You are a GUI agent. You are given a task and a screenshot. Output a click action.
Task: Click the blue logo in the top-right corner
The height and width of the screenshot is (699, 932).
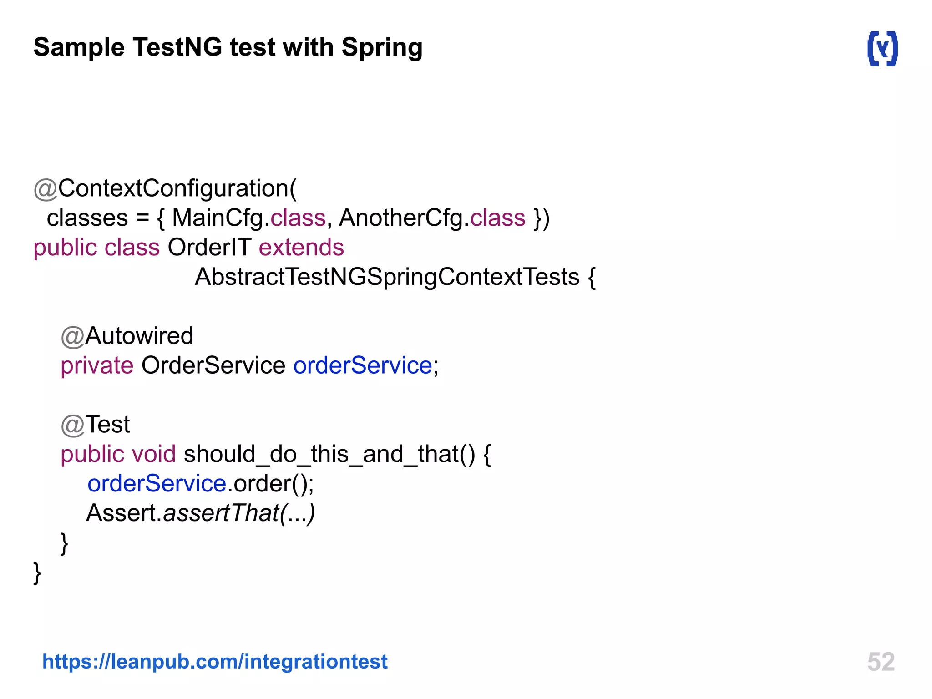point(882,48)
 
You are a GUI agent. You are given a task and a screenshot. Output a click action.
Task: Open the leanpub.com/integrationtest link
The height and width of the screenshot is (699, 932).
point(215,661)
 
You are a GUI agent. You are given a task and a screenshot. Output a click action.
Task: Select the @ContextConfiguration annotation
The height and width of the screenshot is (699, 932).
point(165,188)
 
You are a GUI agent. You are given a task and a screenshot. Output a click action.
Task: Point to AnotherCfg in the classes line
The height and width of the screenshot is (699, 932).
point(401,218)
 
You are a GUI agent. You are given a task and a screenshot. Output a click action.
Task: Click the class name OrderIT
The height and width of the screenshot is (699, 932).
point(209,248)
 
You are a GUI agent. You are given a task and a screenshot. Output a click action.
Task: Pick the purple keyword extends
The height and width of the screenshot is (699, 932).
point(301,248)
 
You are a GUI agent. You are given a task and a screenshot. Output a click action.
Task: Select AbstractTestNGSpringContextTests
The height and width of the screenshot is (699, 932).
point(387,277)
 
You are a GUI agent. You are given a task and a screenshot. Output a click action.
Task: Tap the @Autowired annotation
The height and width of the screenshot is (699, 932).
point(127,336)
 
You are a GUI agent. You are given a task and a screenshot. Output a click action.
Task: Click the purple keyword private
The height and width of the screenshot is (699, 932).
point(97,365)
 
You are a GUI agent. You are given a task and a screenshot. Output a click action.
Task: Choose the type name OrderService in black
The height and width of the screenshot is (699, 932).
point(213,365)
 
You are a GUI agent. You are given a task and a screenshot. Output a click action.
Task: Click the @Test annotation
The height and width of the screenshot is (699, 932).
point(96,425)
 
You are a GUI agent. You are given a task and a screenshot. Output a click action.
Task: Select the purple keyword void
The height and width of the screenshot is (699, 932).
point(153,454)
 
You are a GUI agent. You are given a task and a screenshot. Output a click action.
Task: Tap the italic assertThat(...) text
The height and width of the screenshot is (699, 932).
point(239,513)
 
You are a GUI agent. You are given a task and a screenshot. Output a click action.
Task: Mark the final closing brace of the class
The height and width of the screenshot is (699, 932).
point(37,572)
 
